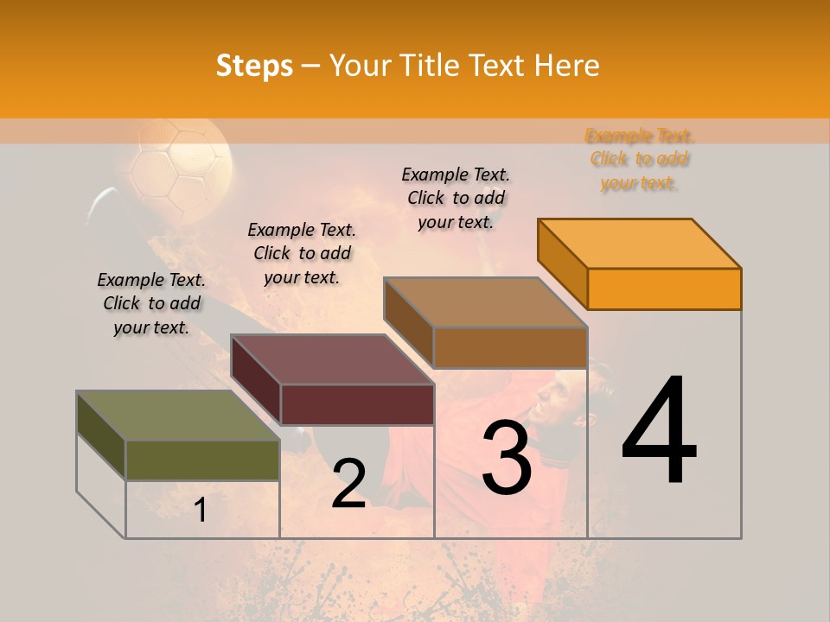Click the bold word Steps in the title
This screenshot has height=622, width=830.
pos(254,66)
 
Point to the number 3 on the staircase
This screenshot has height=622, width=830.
pos(507,458)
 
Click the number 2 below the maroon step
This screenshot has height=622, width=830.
pos(349,484)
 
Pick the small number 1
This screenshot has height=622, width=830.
pos(201,511)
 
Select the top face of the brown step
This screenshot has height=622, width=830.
pos(485,302)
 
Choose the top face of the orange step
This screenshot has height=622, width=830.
pos(639,243)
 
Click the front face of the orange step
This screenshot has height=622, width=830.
pos(664,289)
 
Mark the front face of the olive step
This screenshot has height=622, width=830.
pos(202,460)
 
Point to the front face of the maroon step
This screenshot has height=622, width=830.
pos(357,404)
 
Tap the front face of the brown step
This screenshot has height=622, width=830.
pos(510,347)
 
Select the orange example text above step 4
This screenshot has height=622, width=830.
pos(639,159)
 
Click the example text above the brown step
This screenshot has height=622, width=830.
pos(456,198)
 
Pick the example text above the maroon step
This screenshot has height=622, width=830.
pos(302,253)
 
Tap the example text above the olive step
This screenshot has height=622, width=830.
pos(151,303)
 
